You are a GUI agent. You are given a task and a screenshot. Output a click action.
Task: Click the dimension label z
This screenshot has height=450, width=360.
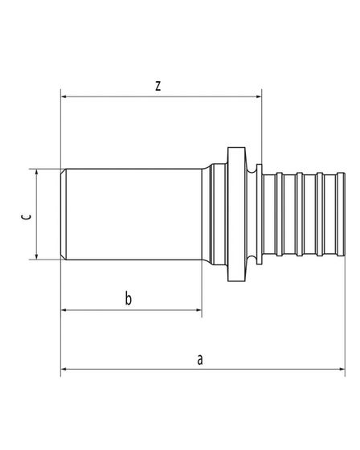tap(157, 86)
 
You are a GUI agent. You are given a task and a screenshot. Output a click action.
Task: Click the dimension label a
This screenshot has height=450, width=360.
tap(200, 359)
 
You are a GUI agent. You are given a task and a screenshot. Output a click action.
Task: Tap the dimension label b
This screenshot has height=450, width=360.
tap(129, 298)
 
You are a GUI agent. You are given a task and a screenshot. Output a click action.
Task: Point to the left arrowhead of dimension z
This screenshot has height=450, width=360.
tap(64, 96)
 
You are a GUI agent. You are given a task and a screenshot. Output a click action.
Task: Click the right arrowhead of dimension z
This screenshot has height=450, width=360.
tap(258, 96)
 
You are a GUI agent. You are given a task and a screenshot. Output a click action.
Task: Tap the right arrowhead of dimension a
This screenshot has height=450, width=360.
tap(342, 369)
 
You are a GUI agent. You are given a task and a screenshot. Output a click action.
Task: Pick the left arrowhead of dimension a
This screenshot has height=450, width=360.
tap(64, 369)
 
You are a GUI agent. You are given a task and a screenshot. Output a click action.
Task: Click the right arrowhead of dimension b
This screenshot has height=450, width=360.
tap(198, 310)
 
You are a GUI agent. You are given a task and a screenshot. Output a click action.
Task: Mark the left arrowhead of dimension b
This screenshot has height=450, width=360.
tap(64, 310)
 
